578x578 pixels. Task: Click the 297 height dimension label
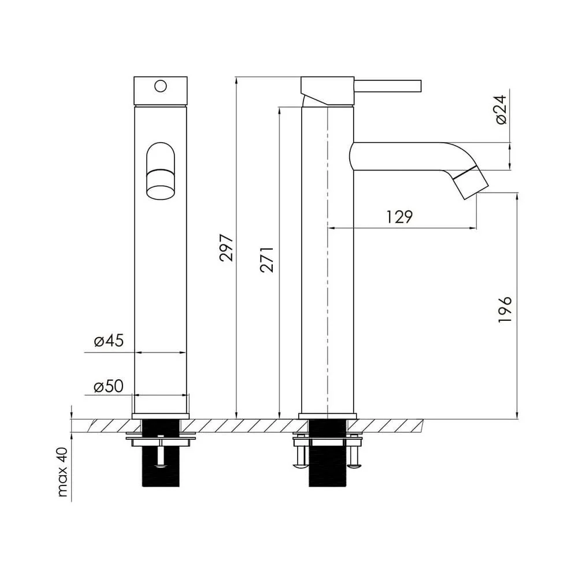[x=227, y=248]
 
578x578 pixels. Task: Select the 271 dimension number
[x=267, y=260]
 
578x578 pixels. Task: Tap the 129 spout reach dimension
[x=399, y=217]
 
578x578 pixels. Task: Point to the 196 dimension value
[x=505, y=309]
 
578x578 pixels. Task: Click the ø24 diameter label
[x=501, y=109]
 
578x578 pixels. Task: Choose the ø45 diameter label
[x=109, y=340]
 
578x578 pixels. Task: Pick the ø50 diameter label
[x=109, y=386]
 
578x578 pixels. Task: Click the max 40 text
[x=62, y=472]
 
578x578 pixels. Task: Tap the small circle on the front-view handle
[x=160, y=86]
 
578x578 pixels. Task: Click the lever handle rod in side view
[x=387, y=86]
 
